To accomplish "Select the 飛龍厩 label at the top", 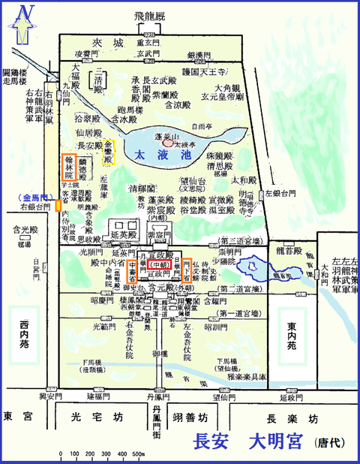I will click(151, 14).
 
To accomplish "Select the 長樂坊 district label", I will click(292, 417).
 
